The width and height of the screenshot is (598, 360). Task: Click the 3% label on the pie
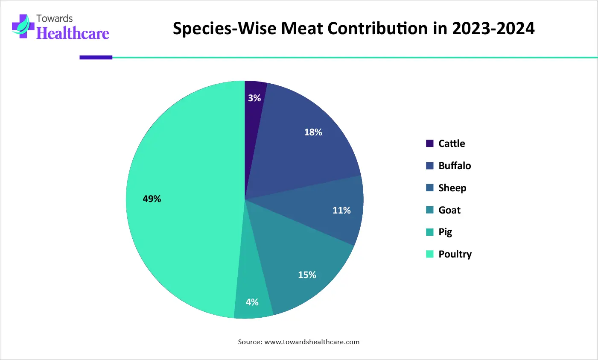[254, 98]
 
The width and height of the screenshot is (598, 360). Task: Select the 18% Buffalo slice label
[313, 132]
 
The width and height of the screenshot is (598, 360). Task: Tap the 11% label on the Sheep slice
[341, 210]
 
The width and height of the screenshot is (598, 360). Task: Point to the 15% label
[307, 275]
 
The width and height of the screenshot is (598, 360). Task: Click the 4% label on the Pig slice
[252, 302]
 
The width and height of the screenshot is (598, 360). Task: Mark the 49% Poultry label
[152, 199]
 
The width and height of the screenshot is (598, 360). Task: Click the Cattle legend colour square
[429, 143]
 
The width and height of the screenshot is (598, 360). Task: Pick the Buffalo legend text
[455, 166]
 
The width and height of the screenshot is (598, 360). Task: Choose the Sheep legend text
[452, 188]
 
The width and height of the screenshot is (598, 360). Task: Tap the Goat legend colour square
[429, 210]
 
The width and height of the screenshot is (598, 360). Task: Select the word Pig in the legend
[445, 232]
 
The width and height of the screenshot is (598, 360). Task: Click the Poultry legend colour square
[429, 254]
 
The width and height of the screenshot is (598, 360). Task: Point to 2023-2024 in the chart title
[493, 28]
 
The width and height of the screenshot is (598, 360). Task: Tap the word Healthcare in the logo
[73, 33]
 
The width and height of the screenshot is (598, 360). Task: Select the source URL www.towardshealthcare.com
[312, 342]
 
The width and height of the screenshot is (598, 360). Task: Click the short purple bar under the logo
[96, 57]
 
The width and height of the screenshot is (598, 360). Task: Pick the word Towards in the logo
[54, 18]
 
